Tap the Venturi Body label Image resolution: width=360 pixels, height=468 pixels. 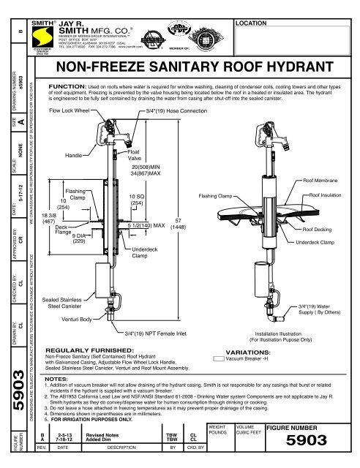pos(77,320)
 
